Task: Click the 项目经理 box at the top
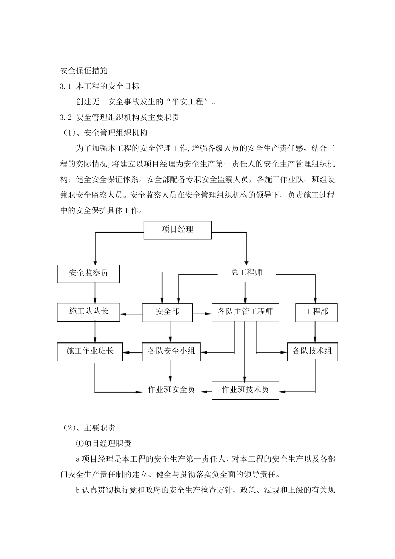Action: pyautogui.click(x=178, y=230)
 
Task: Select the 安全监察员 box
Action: pyautogui.click(x=88, y=273)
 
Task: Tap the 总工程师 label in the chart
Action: pyautogui.click(x=247, y=273)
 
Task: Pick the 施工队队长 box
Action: pyautogui.click(x=88, y=312)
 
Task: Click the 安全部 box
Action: pyautogui.click(x=167, y=312)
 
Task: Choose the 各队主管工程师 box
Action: pyautogui.click(x=245, y=312)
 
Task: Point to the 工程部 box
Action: pyautogui.click(x=316, y=312)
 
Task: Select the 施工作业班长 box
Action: pyautogui.click(x=90, y=351)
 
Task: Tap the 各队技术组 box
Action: pyautogui.click(x=312, y=351)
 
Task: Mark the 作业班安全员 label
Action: pyautogui.click(x=171, y=390)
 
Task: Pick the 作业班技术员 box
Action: pyautogui.click(x=245, y=390)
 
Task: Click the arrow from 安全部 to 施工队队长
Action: pyautogui.click(x=131, y=314)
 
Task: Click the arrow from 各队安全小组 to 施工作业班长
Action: pyautogui.click(x=133, y=353)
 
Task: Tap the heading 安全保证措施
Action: pyautogui.click(x=84, y=71)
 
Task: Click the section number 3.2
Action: pyautogui.click(x=66, y=118)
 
